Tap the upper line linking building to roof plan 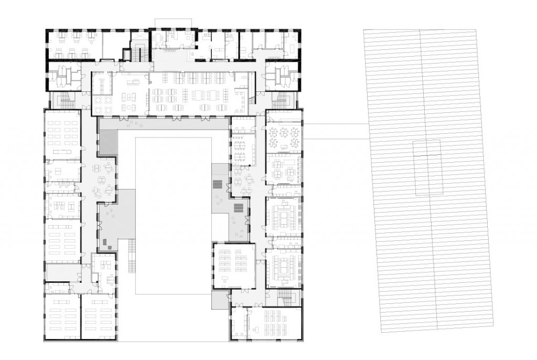click(336, 124)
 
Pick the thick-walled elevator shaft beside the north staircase click(126, 54)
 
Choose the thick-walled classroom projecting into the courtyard click(233, 265)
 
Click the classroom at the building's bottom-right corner click(274, 323)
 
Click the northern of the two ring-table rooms click(284, 216)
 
